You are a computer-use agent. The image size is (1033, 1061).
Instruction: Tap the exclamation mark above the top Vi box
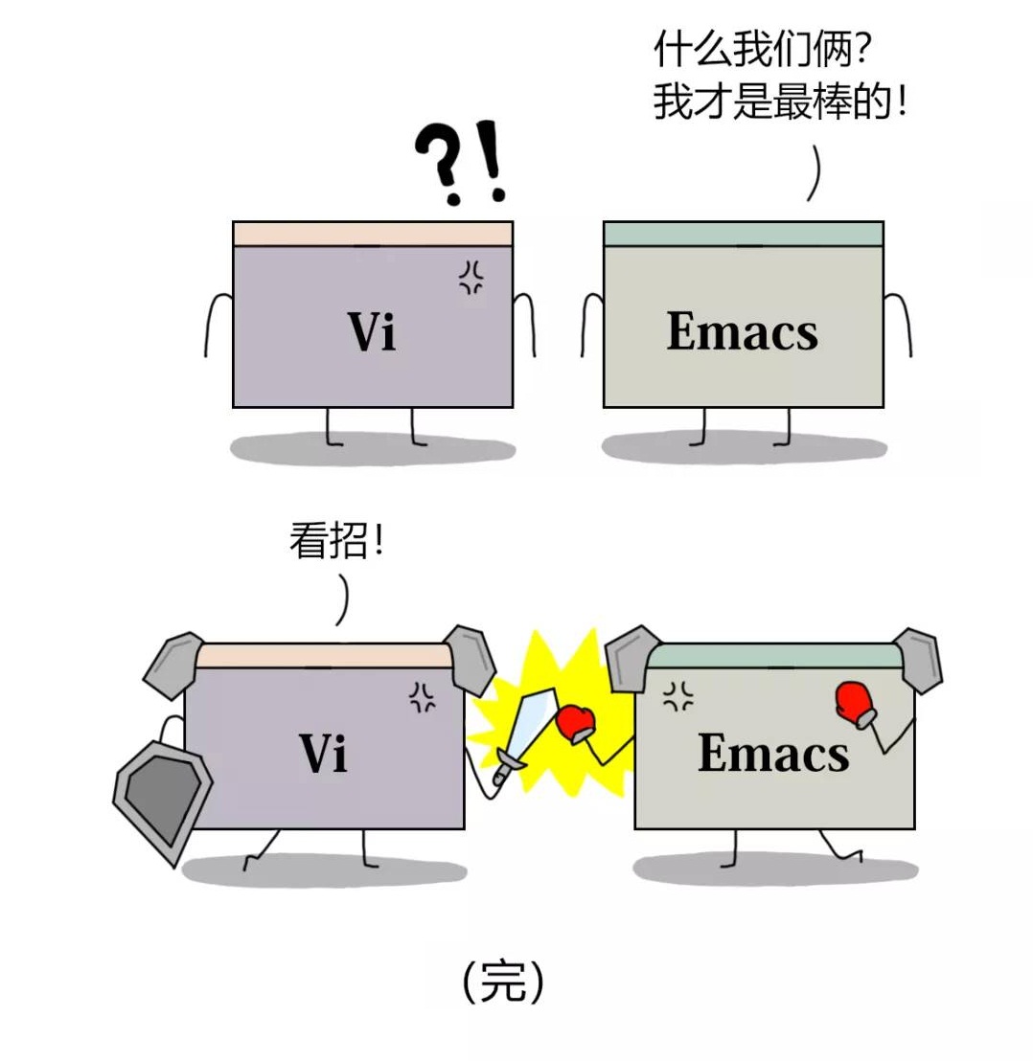point(493,160)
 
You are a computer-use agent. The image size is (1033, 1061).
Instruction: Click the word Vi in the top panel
point(371,332)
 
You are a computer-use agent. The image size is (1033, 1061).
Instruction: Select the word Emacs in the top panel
point(742,331)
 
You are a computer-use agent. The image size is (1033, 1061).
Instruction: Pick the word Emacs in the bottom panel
point(772,752)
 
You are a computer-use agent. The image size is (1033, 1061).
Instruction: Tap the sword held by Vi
point(519,730)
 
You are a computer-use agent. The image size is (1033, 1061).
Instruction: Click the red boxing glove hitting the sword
point(576,722)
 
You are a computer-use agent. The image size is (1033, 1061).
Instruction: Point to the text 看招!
point(336,542)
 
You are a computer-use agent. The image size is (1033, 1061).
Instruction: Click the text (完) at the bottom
point(503,982)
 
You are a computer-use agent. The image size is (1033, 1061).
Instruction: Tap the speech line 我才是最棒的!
point(779,101)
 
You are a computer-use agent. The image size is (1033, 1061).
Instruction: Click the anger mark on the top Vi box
point(471,278)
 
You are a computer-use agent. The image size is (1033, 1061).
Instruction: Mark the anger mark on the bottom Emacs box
point(678,696)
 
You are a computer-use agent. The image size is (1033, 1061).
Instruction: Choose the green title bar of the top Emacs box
point(743,234)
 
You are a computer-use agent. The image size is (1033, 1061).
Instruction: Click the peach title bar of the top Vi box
point(372,234)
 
